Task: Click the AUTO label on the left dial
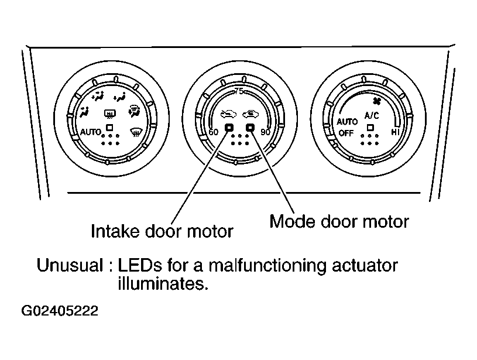point(90,132)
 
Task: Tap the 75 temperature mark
point(239,91)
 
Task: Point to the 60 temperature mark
point(214,132)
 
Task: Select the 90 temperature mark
point(265,132)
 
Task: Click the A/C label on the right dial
point(372,116)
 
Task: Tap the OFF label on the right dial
point(346,133)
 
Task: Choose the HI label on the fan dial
point(395,132)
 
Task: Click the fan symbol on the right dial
point(376,101)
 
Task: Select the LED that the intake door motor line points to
point(229,127)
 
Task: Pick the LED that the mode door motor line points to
point(250,127)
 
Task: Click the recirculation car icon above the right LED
point(250,114)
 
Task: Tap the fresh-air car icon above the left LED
point(228,114)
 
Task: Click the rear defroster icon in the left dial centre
point(109,114)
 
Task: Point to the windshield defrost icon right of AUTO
point(135,132)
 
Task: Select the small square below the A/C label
point(370,127)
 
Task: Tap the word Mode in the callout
point(293,221)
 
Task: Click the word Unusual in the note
point(70,265)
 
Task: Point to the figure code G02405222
point(60,311)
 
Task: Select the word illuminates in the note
point(163,284)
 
